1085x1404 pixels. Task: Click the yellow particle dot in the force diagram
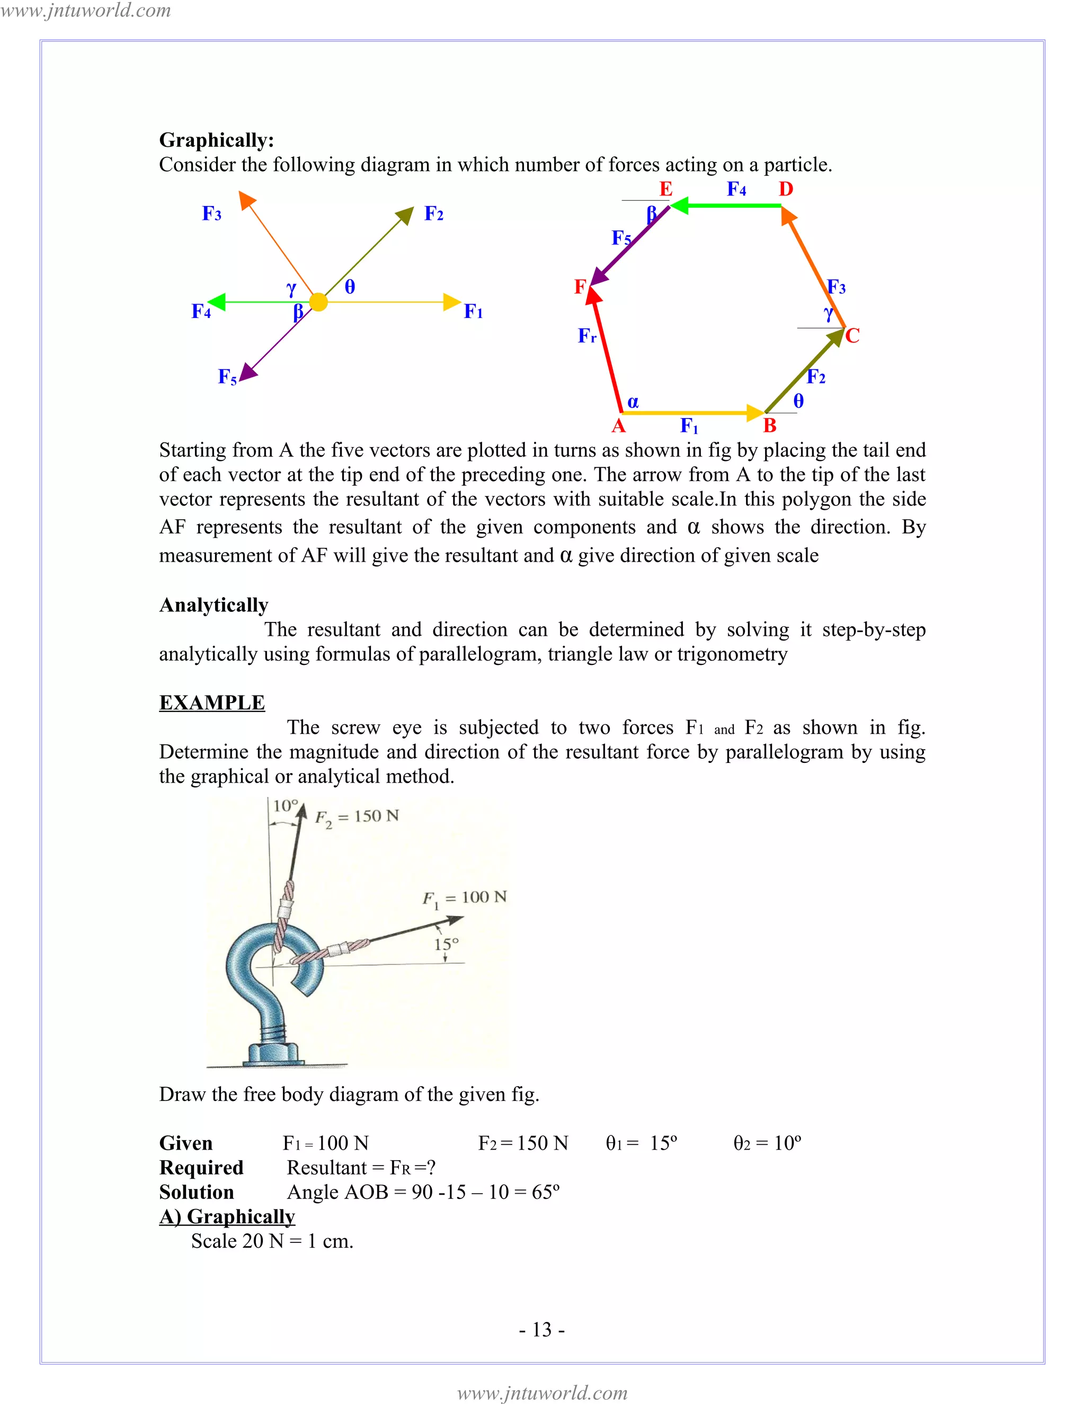pos(318,301)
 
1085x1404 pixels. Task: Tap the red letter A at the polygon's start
pos(618,425)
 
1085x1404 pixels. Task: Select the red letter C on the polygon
pos(852,335)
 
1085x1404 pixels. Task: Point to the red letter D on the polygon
pos(786,189)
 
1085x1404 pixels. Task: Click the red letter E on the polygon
pos(666,189)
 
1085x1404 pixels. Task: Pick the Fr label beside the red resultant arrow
pos(587,335)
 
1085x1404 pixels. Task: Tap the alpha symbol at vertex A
pos(633,402)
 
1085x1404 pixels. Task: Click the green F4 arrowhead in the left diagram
pos(217,301)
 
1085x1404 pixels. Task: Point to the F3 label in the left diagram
pos(211,214)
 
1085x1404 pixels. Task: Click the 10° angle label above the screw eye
pos(286,805)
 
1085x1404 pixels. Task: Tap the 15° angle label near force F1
pos(446,944)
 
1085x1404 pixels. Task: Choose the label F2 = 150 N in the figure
pos(357,817)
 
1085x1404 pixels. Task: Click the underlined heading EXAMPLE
pos(211,703)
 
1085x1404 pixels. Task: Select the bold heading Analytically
pos(214,605)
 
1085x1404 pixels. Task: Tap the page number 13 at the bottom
pos(542,1329)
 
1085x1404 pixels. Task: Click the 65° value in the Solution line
pos(545,1192)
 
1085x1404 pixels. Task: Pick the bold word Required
pos(201,1167)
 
